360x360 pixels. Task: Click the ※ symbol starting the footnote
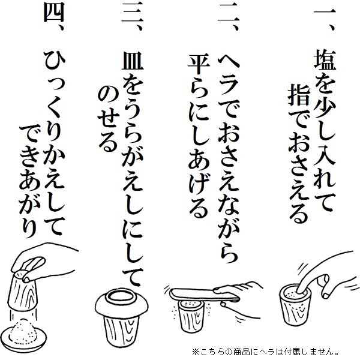pyautogui.click(x=196, y=350)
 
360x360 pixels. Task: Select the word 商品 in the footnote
pyautogui.click(x=247, y=350)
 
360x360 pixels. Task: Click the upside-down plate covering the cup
pyautogui.click(x=123, y=298)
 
